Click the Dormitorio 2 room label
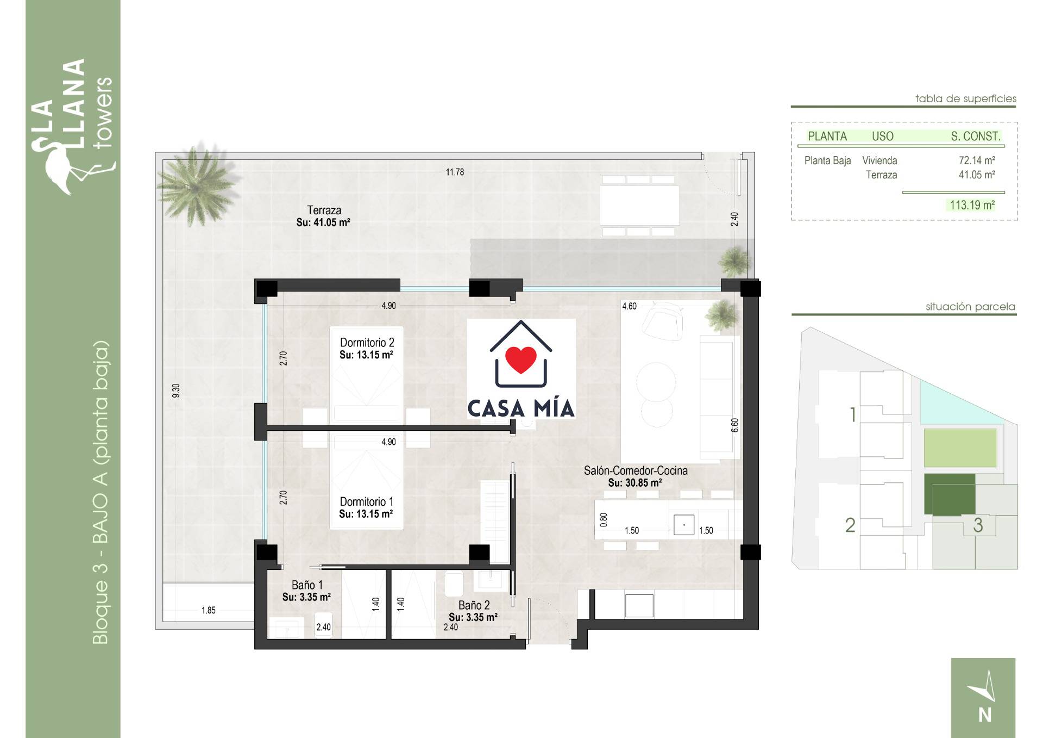tap(367, 343)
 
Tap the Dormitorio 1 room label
tap(366, 501)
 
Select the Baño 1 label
tap(307, 585)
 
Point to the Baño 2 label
tap(474, 605)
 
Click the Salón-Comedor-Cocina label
tap(636, 470)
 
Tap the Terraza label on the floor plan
tap(324, 210)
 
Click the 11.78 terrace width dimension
tap(455, 172)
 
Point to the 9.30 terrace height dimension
tap(175, 390)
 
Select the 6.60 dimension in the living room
tap(734, 425)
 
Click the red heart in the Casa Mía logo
tap(521, 359)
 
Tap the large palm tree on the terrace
tap(197, 185)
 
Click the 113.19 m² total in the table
tap(972, 205)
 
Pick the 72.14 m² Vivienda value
tap(977, 160)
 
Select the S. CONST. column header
tap(976, 137)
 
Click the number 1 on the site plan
tap(853, 415)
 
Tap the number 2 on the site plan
tap(850, 525)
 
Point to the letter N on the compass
tap(985, 715)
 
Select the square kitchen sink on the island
tap(684, 525)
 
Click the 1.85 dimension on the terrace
tap(209, 610)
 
